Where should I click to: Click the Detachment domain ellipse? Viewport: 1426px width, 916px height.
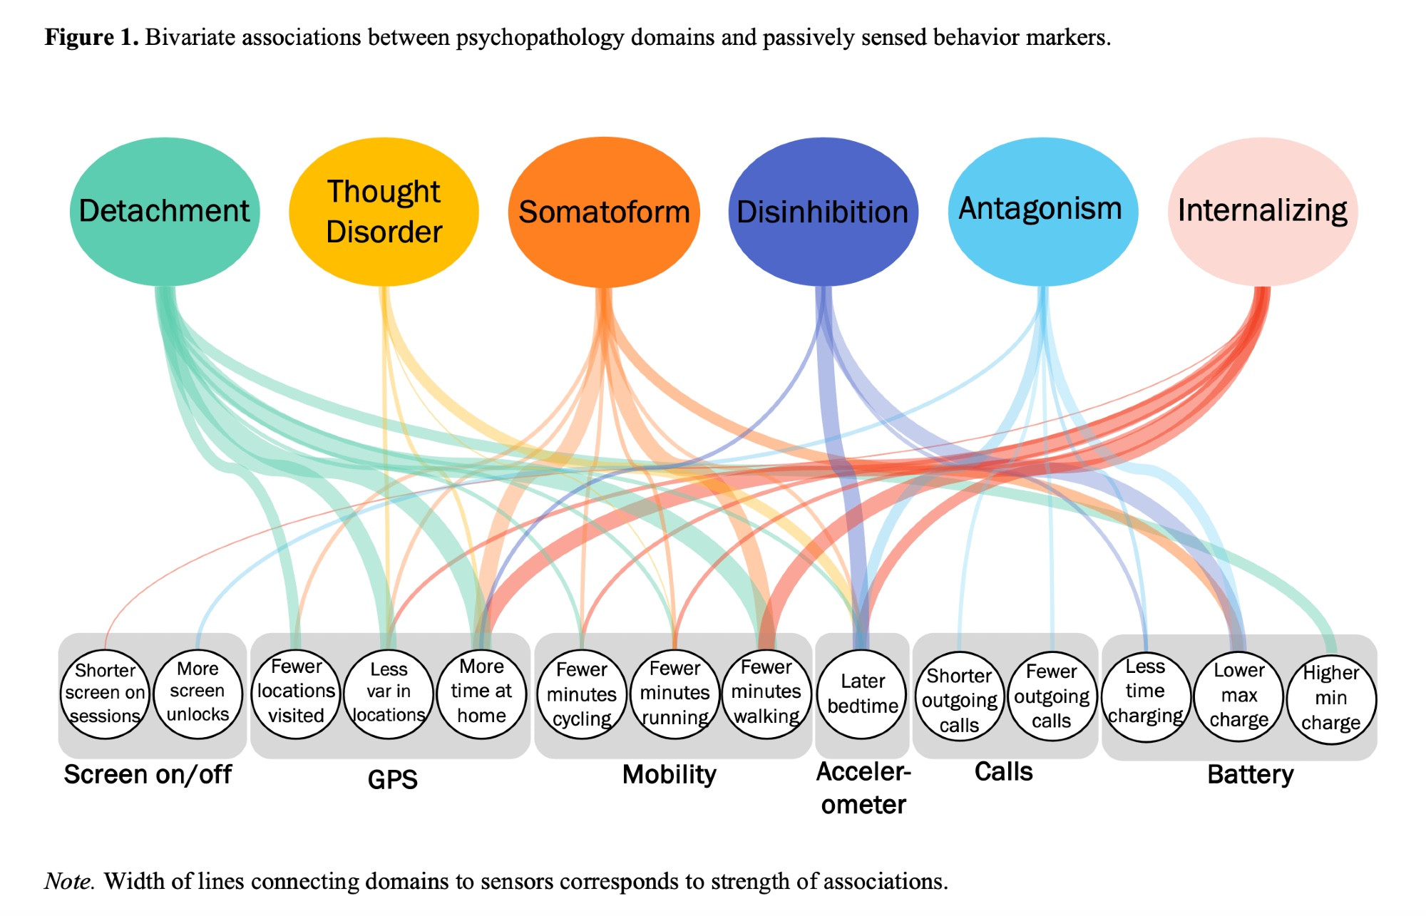point(165,212)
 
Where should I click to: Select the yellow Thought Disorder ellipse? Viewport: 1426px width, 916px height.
point(384,212)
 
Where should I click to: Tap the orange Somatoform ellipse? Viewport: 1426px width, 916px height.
point(604,212)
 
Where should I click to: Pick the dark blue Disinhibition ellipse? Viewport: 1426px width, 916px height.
point(823,212)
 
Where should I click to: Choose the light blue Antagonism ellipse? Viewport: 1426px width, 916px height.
point(1042,212)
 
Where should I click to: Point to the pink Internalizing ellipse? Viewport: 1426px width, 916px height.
point(1262,212)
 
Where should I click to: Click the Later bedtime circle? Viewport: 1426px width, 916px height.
point(863,694)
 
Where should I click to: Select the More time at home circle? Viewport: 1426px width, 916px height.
point(481,692)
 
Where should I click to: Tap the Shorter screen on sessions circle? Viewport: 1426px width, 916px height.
point(105,694)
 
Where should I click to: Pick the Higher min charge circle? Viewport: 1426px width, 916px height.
point(1331,699)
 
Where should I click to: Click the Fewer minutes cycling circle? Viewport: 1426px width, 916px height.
point(582,694)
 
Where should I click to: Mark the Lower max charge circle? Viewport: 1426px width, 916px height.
point(1239,696)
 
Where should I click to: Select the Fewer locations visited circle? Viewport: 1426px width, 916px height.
point(296,692)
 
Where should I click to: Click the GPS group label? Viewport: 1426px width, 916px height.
point(392,779)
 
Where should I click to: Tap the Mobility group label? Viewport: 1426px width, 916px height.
point(669,775)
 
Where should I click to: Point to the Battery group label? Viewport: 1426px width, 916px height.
point(1250,775)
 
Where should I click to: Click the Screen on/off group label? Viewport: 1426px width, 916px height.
point(148,775)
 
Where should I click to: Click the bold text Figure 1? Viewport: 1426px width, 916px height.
point(91,37)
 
